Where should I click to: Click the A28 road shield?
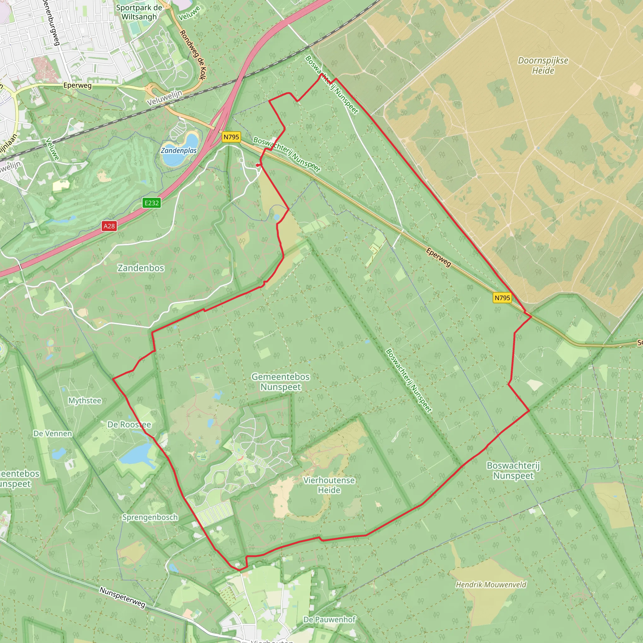109,226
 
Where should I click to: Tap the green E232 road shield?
152,203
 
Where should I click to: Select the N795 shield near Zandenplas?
231,137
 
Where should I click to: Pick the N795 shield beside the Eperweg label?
502,298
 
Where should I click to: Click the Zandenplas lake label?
179,150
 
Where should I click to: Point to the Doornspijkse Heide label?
543,66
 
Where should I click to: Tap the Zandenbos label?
141,268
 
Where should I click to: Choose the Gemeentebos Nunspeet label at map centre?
281,382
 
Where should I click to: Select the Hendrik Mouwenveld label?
491,584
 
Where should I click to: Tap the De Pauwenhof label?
329,619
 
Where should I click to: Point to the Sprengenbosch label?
150,517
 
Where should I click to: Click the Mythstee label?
85,401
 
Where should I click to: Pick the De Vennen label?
52,434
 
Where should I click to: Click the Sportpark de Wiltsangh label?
139,12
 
